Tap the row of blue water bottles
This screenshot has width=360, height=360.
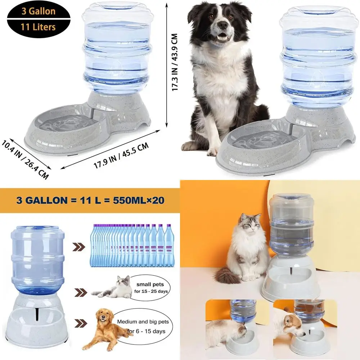pos(131,245)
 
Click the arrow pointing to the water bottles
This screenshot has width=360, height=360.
pos(79,247)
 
